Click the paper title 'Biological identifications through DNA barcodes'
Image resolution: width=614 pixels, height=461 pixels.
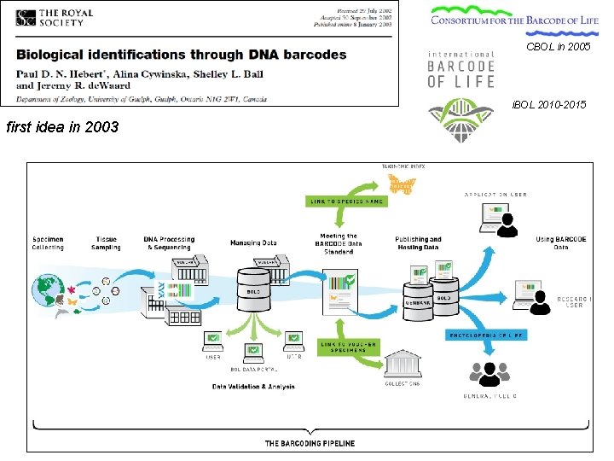pos(182,54)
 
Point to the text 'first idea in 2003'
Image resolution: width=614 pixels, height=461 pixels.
pos(62,128)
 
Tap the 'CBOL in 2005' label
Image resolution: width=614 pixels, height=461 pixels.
pos(559,46)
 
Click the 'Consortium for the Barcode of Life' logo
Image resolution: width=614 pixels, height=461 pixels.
pos(515,17)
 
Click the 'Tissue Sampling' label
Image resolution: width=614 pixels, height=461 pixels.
pos(106,243)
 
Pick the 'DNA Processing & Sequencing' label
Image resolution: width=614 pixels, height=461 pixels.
pos(169,243)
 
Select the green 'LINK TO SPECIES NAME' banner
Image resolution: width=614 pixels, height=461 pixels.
pos(347,201)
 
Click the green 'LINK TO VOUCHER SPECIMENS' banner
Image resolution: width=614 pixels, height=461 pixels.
pos(349,347)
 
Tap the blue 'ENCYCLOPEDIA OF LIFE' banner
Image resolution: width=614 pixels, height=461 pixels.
pos(487,335)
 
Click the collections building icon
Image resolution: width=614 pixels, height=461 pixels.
pos(402,365)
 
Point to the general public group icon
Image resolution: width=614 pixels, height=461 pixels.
pos(489,373)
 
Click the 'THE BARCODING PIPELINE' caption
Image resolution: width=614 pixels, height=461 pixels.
pos(310,443)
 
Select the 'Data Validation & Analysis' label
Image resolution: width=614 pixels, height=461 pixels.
pos(253,387)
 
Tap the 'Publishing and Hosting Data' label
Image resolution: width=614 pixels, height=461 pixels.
pos(418,243)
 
